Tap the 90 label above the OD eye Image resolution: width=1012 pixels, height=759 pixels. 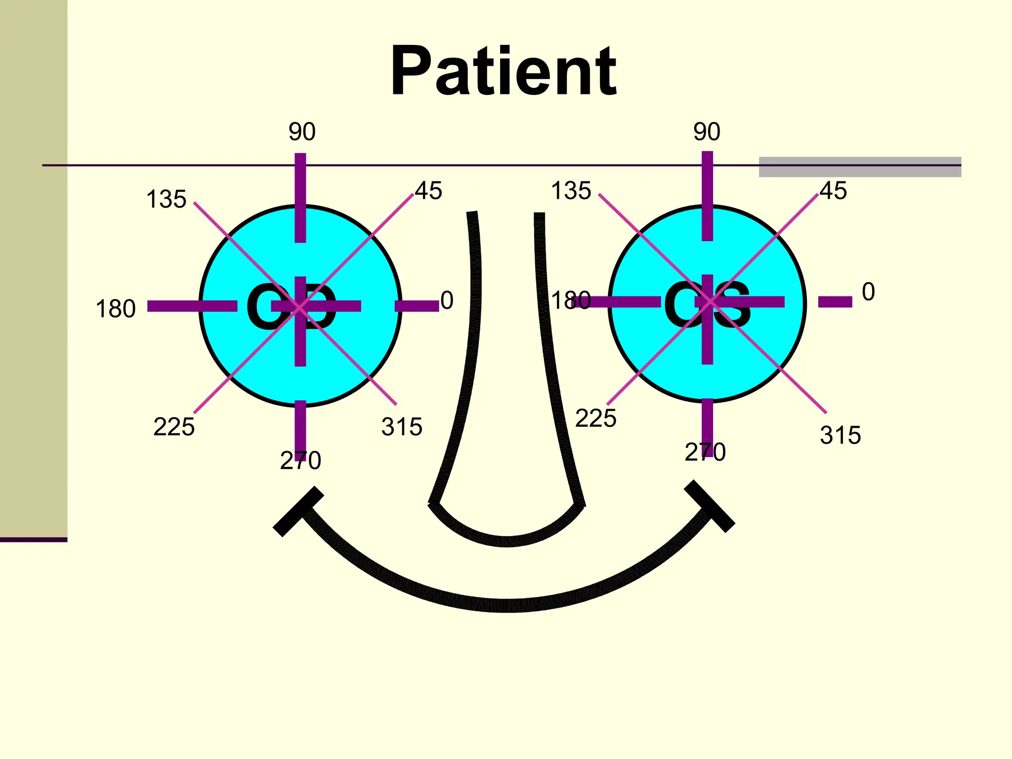tap(302, 132)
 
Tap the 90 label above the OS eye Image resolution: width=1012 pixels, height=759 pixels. tap(707, 132)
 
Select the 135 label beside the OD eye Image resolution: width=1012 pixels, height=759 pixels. tap(166, 200)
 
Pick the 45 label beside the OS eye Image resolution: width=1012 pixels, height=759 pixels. tap(833, 191)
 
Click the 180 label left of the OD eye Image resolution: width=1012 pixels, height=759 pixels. tap(115, 309)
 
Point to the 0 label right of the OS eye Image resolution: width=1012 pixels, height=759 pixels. tap(868, 292)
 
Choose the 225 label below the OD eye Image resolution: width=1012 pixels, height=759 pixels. tap(174, 426)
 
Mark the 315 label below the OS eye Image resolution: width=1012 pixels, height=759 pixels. tap(840, 435)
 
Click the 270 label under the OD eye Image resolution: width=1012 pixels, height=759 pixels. tap(300, 461)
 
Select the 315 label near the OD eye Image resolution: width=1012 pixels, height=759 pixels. tap(402, 426)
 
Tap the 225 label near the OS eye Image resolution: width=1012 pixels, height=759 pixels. tap(595, 418)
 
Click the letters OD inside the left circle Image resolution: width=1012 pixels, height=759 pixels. tap(292, 307)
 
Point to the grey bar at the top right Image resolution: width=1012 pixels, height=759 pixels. tap(860, 167)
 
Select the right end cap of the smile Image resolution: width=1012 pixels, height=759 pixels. tap(710, 506)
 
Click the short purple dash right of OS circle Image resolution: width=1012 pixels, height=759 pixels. tap(835, 302)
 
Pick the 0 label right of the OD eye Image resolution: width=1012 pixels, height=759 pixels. tap(447, 300)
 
